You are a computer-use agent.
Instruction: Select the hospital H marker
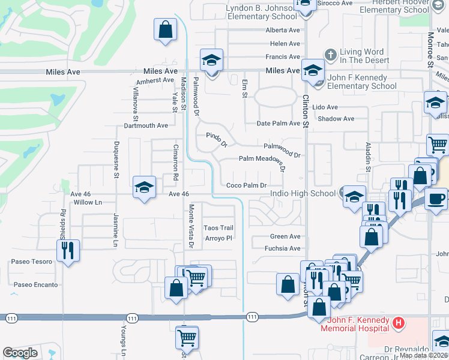(x=397, y=324)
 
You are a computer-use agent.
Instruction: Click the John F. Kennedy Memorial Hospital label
(x=355, y=325)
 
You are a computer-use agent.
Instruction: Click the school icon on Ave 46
(x=144, y=187)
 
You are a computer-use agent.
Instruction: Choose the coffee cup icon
(x=436, y=198)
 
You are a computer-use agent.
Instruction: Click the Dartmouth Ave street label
(x=146, y=125)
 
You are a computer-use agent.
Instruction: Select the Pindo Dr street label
(x=217, y=140)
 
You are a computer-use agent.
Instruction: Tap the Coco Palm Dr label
(x=246, y=185)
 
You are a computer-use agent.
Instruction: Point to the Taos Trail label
(x=218, y=228)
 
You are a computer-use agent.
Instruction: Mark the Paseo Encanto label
(x=36, y=284)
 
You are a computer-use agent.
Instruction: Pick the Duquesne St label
(x=117, y=160)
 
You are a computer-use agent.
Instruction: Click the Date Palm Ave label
(x=278, y=124)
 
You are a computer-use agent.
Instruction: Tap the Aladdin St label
(x=368, y=157)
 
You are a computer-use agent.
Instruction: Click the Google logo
(x=20, y=353)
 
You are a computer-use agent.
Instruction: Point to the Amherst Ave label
(x=155, y=80)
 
